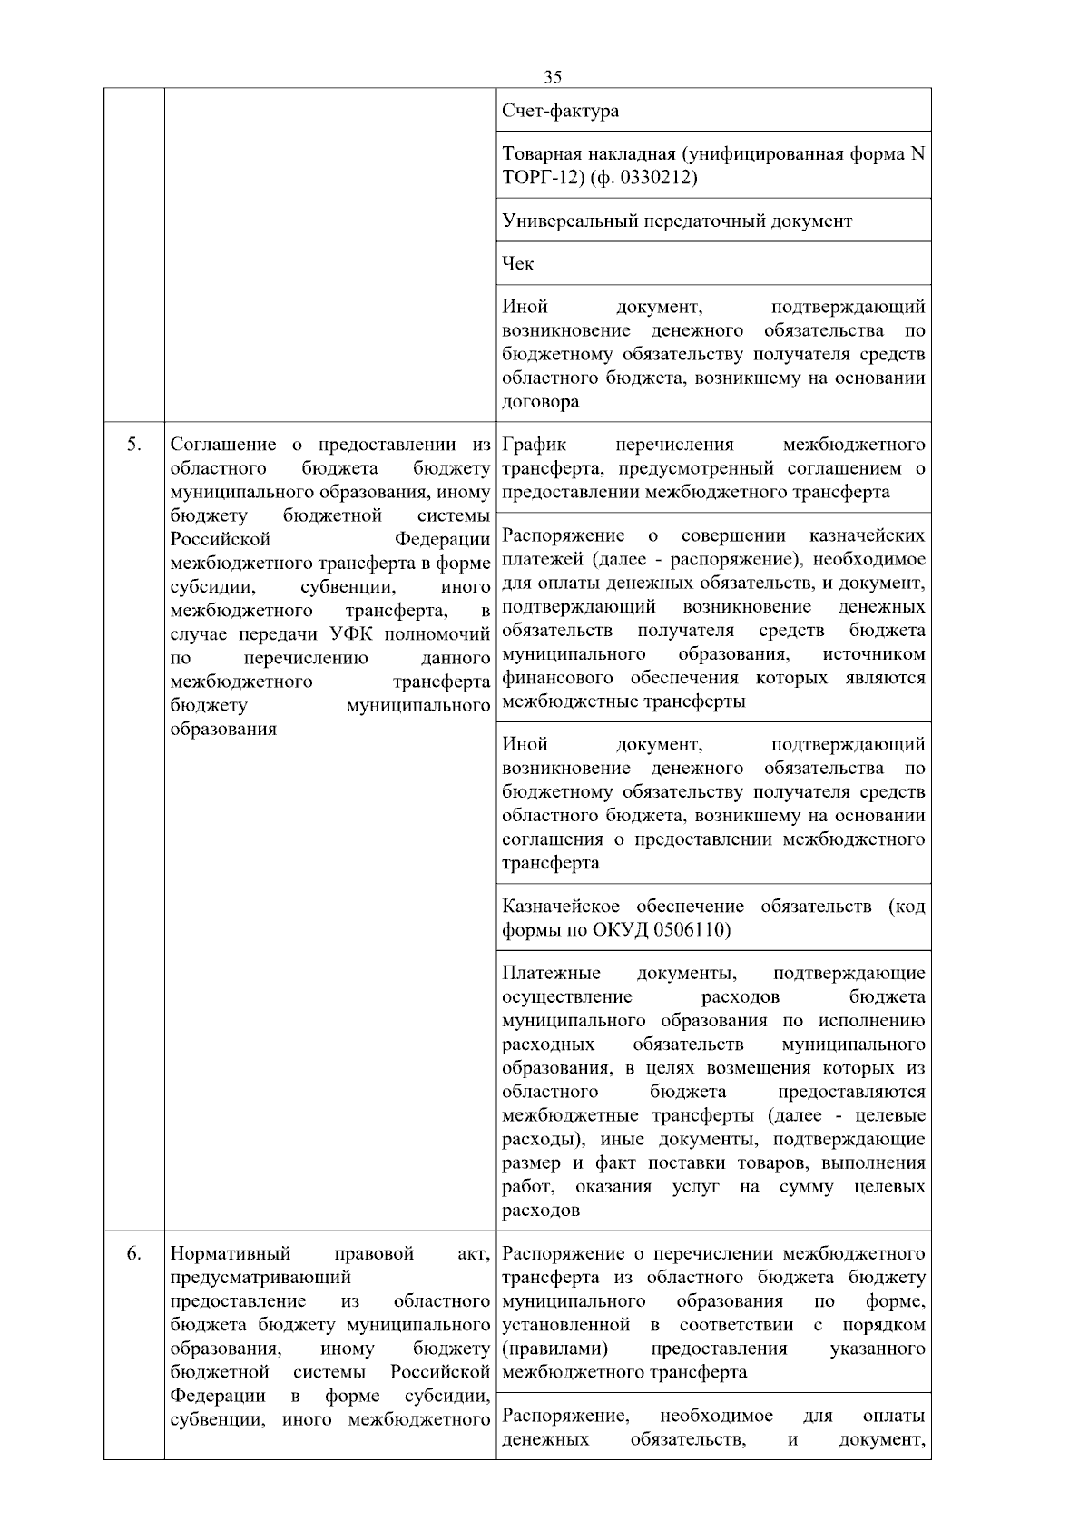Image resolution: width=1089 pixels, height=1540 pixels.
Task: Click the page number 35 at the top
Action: point(553,76)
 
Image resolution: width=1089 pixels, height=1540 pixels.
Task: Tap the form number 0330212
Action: point(654,178)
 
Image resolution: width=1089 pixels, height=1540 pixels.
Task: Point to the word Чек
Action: point(518,264)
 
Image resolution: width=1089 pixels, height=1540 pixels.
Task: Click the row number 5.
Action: point(133,445)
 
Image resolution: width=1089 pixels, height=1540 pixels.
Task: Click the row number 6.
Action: point(133,1254)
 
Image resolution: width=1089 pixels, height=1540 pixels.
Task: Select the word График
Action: point(535,445)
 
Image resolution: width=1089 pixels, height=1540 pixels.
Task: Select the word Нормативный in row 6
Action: point(231,1254)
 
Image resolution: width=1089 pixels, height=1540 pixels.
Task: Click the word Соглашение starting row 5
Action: point(223,445)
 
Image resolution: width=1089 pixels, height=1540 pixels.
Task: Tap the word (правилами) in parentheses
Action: point(555,1349)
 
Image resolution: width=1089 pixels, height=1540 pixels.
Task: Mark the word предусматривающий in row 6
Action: point(260,1278)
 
